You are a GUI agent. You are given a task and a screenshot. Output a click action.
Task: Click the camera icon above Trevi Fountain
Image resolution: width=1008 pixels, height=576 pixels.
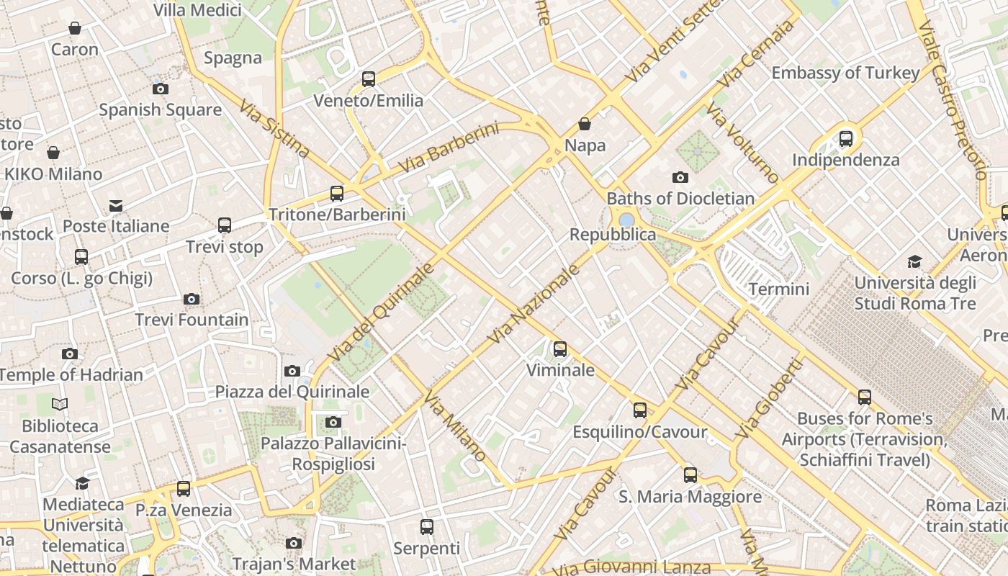(x=191, y=299)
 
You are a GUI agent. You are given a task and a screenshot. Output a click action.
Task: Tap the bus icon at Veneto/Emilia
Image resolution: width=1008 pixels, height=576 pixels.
(x=369, y=78)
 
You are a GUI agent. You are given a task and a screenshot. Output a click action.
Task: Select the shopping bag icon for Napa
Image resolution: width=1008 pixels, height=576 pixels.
(x=585, y=124)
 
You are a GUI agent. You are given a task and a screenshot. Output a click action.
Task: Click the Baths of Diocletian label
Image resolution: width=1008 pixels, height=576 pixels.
(x=680, y=198)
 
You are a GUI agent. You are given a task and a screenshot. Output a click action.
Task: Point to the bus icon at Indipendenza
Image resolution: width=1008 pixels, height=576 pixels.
(x=846, y=138)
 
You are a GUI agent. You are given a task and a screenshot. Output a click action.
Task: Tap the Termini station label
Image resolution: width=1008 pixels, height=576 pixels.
(x=779, y=289)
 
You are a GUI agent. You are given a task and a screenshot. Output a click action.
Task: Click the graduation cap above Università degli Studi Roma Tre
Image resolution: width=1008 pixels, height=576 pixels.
(x=914, y=261)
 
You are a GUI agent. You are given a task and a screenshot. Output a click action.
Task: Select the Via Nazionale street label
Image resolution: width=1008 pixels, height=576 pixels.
(x=534, y=304)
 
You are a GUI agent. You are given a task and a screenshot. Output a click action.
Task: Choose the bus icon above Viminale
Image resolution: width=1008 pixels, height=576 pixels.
(x=560, y=349)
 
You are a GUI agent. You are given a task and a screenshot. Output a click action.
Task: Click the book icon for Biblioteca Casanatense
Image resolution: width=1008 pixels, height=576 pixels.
(x=60, y=405)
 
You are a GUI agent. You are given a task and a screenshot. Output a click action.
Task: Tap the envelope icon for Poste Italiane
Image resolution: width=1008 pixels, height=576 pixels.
(x=115, y=206)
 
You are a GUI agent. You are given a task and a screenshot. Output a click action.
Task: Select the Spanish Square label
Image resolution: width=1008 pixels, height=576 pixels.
(x=160, y=110)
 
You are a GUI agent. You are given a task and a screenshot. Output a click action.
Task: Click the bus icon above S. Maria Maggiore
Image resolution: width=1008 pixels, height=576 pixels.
(x=690, y=475)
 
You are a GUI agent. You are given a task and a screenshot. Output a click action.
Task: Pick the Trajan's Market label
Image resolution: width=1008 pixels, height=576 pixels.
(x=294, y=563)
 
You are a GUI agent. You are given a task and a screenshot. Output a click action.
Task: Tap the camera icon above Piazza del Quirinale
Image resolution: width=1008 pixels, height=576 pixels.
(x=292, y=371)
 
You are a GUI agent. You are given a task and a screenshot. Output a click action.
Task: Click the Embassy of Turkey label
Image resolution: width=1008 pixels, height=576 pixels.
(x=845, y=73)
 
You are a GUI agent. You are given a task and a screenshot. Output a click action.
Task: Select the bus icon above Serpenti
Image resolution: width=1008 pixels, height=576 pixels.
(x=427, y=527)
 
